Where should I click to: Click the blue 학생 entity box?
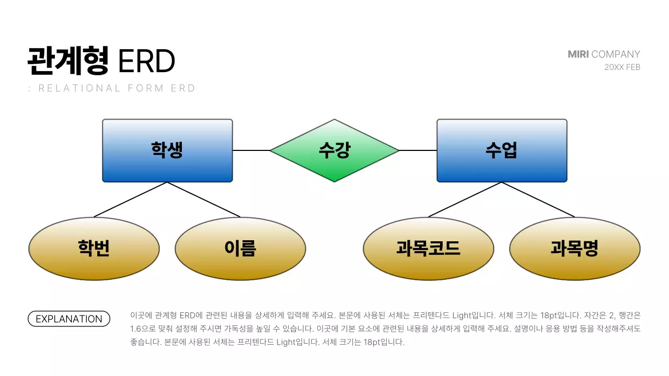point(167,150)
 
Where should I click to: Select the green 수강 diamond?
point(334,150)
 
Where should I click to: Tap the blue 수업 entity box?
point(502,150)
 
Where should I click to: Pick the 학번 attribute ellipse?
point(94,249)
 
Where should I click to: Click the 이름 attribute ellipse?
point(240,249)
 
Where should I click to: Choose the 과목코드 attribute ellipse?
point(429,249)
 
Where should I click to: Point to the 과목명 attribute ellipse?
point(575,249)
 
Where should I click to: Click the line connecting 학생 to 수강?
point(251,150)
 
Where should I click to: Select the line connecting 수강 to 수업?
point(418,150)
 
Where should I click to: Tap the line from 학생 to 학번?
point(131,199)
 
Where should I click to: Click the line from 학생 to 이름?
point(204,199)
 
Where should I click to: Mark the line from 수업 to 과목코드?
point(465,199)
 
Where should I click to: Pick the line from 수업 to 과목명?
point(538,199)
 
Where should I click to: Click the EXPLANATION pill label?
point(69,319)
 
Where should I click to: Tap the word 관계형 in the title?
point(68,61)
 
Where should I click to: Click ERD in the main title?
point(146,62)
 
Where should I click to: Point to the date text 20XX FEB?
point(622,67)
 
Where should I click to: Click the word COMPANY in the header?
point(616,54)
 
